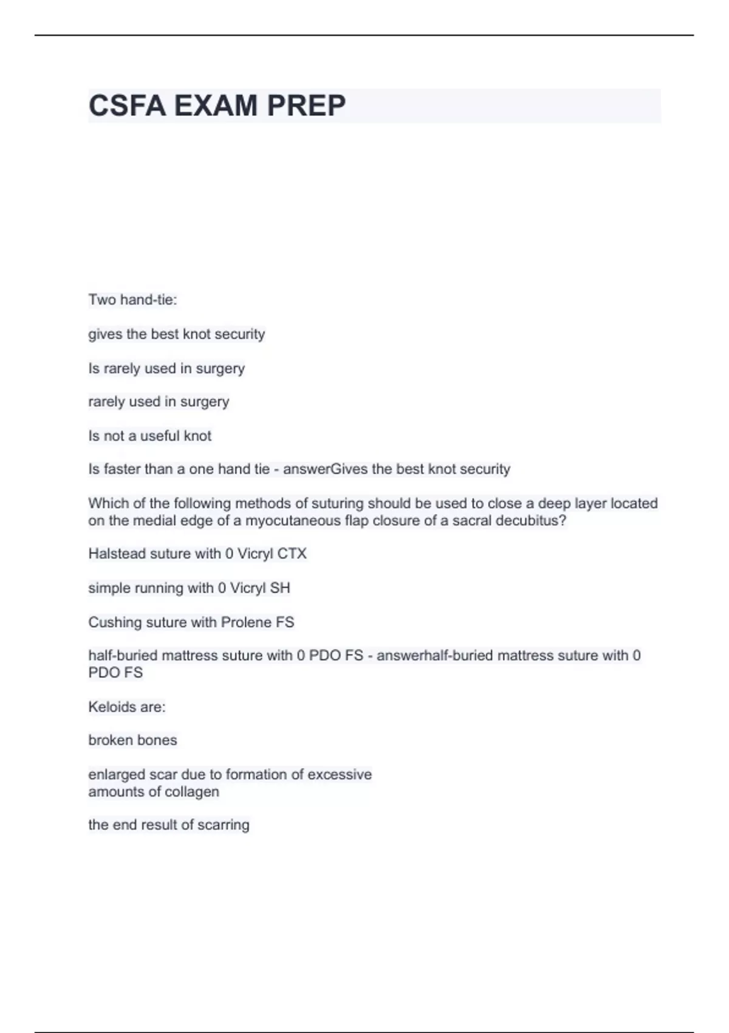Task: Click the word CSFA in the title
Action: pos(127,106)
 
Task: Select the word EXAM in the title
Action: pos(216,106)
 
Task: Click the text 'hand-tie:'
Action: pos(149,300)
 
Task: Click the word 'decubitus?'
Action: pos(531,521)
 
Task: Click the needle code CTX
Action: pos(292,554)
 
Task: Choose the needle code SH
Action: pos(280,588)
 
